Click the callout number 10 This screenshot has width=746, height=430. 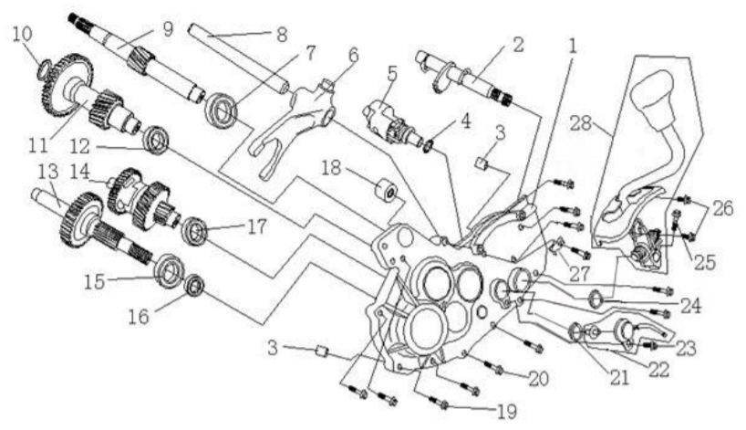pyautogui.click(x=21, y=35)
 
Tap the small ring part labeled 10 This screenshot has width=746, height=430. pyautogui.click(x=42, y=68)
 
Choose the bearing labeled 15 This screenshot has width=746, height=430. pyautogui.click(x=169, y=271)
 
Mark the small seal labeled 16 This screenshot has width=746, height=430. pyautogui.click(x=195, y=289)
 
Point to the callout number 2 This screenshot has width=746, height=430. pyautogui.click(x=518, y=44)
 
